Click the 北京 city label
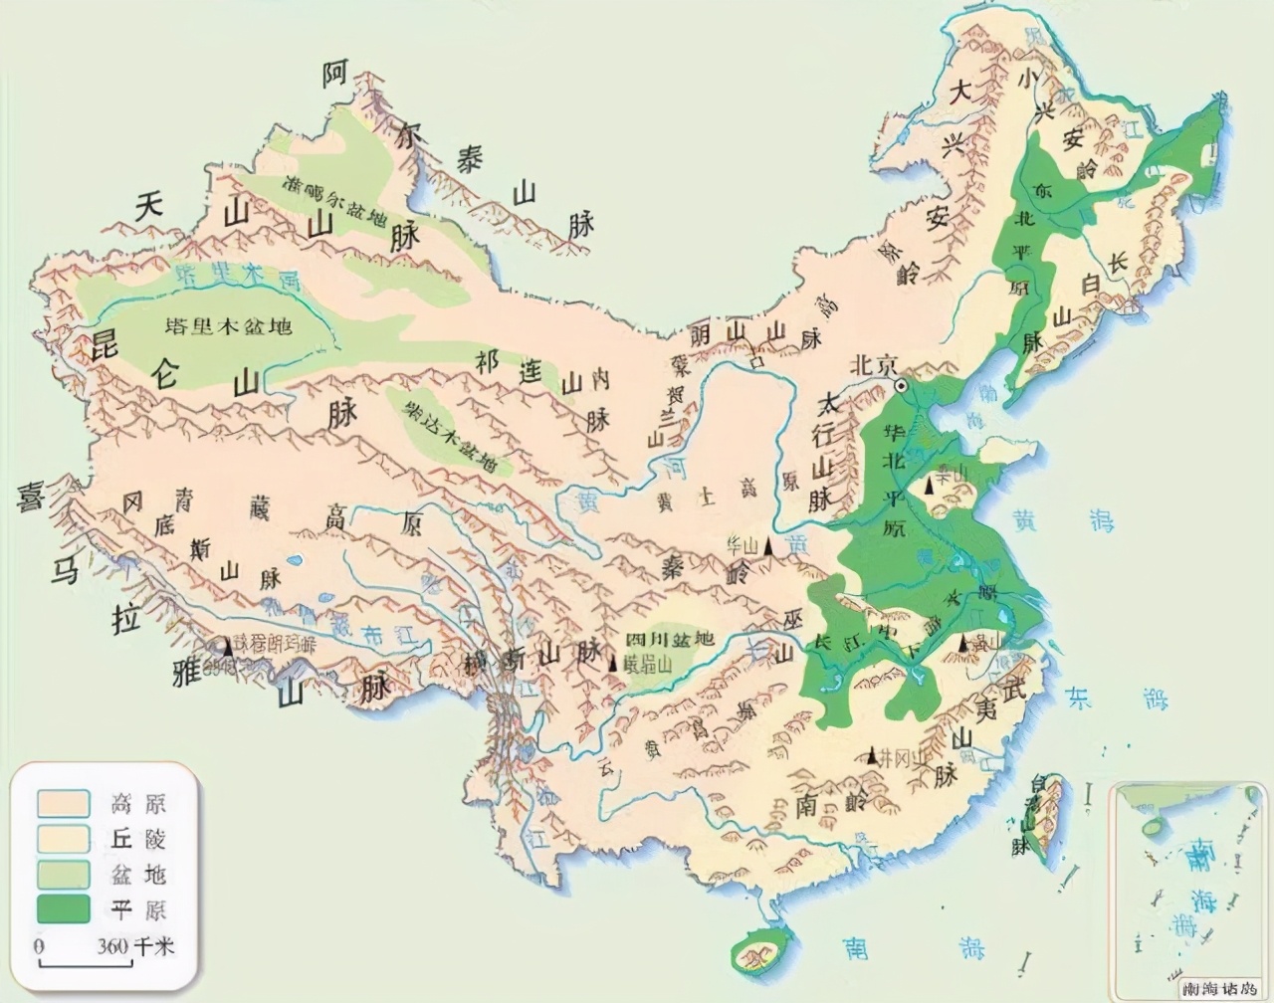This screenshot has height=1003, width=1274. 872,364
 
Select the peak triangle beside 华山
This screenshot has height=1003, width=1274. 768,546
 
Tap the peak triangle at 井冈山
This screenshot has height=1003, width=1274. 873,756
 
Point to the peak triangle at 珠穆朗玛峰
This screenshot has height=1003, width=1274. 228,647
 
